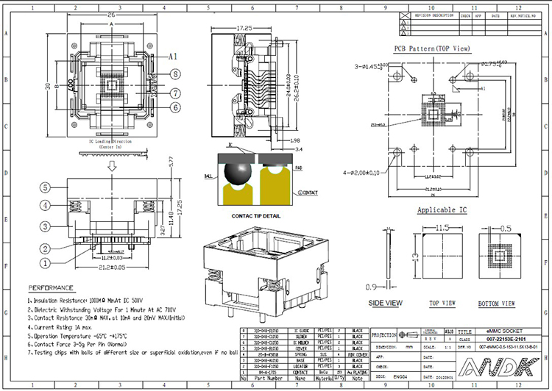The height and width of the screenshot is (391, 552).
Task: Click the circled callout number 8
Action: point(176,73)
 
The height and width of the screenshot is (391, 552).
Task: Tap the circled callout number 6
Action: point(176,107)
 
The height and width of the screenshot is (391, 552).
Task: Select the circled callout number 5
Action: point(45,187)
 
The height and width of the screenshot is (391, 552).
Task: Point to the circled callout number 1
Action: point(45,262)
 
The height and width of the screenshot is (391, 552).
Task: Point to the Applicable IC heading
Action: point(442,210)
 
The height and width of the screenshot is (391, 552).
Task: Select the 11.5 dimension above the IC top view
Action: point(443,228)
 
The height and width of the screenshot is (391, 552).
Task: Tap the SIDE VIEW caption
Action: point(386,303)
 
